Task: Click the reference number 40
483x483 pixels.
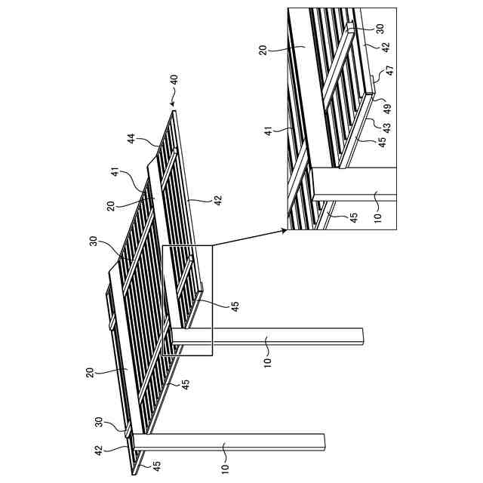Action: [x=173, y=80]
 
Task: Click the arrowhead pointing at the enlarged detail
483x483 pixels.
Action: [x=284, y=231]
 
